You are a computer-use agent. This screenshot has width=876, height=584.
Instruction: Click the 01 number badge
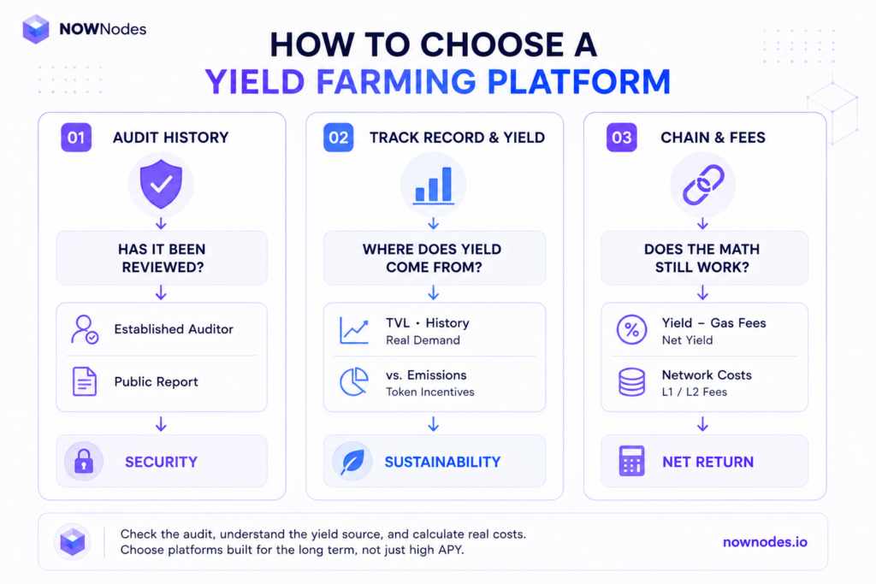click(76, 138)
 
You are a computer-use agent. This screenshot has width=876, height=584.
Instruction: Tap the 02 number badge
click(339, 138)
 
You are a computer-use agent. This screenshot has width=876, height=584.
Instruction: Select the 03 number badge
click(622, 138)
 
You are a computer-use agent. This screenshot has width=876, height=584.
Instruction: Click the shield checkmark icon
click(161, 184)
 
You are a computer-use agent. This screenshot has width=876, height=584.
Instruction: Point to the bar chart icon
click(433, 186)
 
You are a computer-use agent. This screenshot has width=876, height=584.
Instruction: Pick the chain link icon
click(703, 185)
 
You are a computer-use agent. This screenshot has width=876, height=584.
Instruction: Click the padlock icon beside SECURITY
click(84, 461)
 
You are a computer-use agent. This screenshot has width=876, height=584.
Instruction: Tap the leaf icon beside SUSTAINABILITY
click(352, 462)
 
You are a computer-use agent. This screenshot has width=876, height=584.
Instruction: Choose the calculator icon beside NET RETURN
click(632, 461)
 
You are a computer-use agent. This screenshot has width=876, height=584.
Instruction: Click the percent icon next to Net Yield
click(632, 329)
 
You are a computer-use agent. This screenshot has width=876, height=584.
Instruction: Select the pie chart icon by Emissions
click(354, 382)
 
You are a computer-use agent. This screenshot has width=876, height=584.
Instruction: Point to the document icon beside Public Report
click(85, 381)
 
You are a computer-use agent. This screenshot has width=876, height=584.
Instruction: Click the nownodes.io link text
click(765, 542)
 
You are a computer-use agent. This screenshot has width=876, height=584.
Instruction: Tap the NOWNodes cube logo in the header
click(36, 29)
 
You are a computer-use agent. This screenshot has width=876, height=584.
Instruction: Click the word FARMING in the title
click(395, 81)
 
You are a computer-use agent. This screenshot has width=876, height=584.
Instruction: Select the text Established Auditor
click(174, 329)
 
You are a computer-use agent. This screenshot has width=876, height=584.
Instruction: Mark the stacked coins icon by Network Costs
click(632, 382)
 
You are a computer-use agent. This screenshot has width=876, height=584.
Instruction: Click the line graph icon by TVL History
click(354, 331)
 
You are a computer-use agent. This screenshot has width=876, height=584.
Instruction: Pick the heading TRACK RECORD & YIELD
click(457, 138)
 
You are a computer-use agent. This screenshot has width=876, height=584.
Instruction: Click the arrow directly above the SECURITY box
click(161, 424)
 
